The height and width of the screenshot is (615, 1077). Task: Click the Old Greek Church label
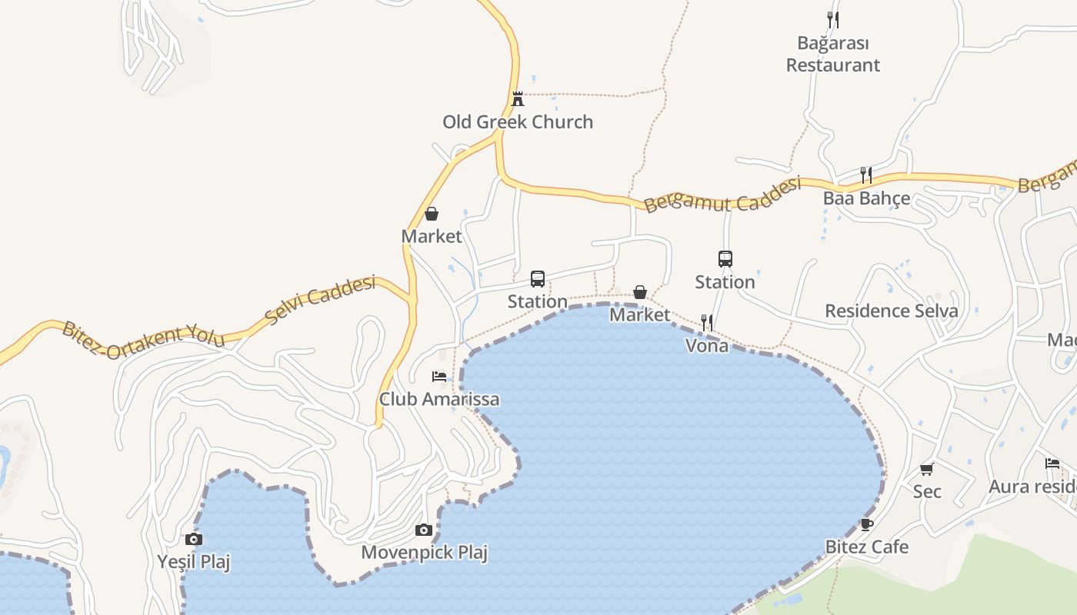click(x=518, y=121)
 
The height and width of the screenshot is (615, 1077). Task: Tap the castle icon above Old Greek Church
click(x=518, y=98)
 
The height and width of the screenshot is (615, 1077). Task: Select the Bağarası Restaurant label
click(x=832, y=54)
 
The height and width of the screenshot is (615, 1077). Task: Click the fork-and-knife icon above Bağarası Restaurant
click(x=832, y=19)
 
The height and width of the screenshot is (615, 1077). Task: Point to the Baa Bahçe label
click(x=866, y=198)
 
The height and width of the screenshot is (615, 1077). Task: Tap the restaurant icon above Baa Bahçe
click(x=866, y=175)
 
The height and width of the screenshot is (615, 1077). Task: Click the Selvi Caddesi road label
click(x=319, y=299)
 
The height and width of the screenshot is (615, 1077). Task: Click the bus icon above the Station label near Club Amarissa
click(x=538, y=278)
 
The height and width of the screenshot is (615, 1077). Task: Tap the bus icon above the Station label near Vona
click(x=725, y=259)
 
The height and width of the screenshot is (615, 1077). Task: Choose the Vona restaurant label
click(x=707, y=346)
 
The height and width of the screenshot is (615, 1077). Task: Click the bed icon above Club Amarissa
click(x=439, y=377)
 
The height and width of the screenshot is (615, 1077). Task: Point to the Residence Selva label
click(x=892, y=311)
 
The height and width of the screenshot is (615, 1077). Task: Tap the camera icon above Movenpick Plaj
click(x=423, y=530)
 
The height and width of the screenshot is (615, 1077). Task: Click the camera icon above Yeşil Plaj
click(x=194, y=539)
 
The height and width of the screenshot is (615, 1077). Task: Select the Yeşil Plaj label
click(x=194, y=562)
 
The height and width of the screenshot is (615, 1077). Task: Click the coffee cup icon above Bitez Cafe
click(x=867, y=524)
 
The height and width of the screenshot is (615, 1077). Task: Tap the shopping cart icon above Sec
click(x=927, y=469)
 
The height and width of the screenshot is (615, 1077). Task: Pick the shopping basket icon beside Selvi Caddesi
click(x=432, y=214)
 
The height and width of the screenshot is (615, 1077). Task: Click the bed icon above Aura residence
click(x=1052, y=464)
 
